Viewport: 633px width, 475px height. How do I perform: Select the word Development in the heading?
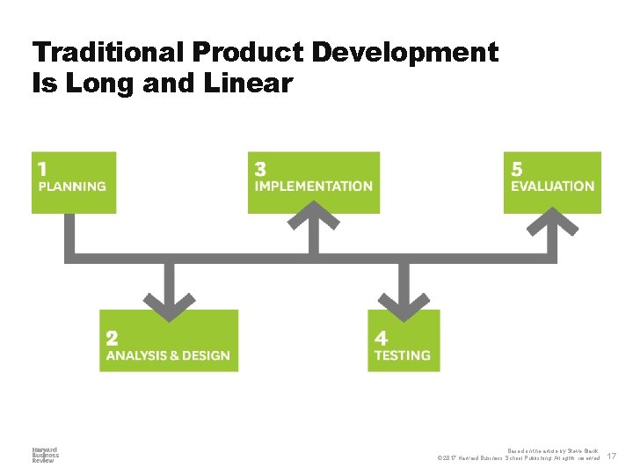[405, 53]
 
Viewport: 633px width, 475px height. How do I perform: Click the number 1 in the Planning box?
[42, 168]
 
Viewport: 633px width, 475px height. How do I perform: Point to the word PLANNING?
[72, 186]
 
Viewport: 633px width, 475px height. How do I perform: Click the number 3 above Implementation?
[261, 168]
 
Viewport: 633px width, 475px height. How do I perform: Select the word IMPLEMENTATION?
[314, 186]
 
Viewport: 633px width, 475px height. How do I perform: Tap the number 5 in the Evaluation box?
[517, 168]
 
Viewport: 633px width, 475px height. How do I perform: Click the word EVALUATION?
[553, 186]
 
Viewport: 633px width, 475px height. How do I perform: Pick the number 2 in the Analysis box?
[112, 338]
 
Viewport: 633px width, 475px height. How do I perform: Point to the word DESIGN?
[207, 356]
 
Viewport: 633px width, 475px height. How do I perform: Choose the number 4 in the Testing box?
[381, 338]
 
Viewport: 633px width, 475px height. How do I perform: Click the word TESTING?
[403, 356]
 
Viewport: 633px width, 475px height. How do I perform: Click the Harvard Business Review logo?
[45, 455]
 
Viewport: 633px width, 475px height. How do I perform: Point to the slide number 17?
[612, 457]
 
